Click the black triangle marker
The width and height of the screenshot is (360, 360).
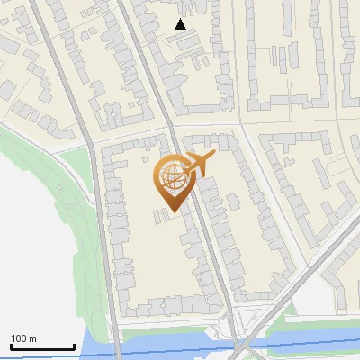click(x=181, y=25)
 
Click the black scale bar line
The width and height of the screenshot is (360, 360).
click(x=42, y=347)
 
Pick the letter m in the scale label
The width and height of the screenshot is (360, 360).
click(x=32, y=338)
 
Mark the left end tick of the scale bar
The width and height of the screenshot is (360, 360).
click(x=11, y=346)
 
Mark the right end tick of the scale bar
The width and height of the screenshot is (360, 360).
click(x=74, y=346)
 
